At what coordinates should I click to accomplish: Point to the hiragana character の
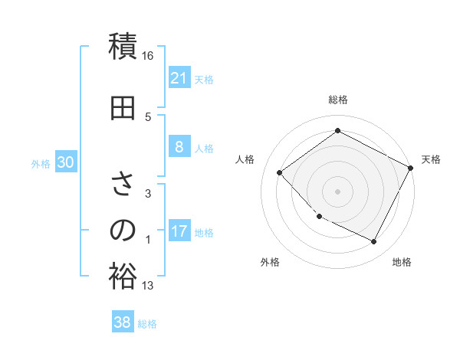coord(123,231)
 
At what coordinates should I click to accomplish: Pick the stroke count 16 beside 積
coord(148,56)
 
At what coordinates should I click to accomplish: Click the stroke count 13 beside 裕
coord(148,286)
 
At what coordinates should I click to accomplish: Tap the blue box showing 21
coord(179,77)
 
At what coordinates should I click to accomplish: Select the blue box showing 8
coord(179,147)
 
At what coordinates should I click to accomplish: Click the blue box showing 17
coord(179,231)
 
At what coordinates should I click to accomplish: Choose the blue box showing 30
coord(66,162)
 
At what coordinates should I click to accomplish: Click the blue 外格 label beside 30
coord(41,163)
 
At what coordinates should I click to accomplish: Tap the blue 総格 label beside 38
coord(147,324)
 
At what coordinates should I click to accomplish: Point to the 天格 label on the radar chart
coord(432,159)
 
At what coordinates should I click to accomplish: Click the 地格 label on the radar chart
coord(402,262)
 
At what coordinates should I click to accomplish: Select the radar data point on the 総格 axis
coord(337,130)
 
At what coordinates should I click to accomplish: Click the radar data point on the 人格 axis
coord(280,172)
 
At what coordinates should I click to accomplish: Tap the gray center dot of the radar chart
coord(337,191)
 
